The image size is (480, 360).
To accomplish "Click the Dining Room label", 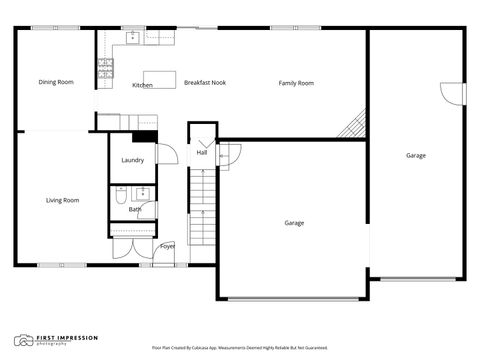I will point(56,82).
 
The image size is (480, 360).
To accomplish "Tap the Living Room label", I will point(62,200).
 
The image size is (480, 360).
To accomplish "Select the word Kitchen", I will point(142,85).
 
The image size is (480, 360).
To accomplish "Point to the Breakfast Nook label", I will point(205,83).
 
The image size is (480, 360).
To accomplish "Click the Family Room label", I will point(296,83).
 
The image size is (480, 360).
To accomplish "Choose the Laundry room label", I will point(132,160).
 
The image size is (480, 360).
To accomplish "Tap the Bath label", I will point(134,209).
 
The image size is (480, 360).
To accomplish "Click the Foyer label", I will point(167,246).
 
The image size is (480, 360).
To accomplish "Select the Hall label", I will point(201,153).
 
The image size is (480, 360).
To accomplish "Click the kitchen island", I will point(159,76).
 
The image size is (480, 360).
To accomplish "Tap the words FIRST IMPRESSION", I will point(63,338).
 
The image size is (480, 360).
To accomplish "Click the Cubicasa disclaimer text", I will point(240,348).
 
